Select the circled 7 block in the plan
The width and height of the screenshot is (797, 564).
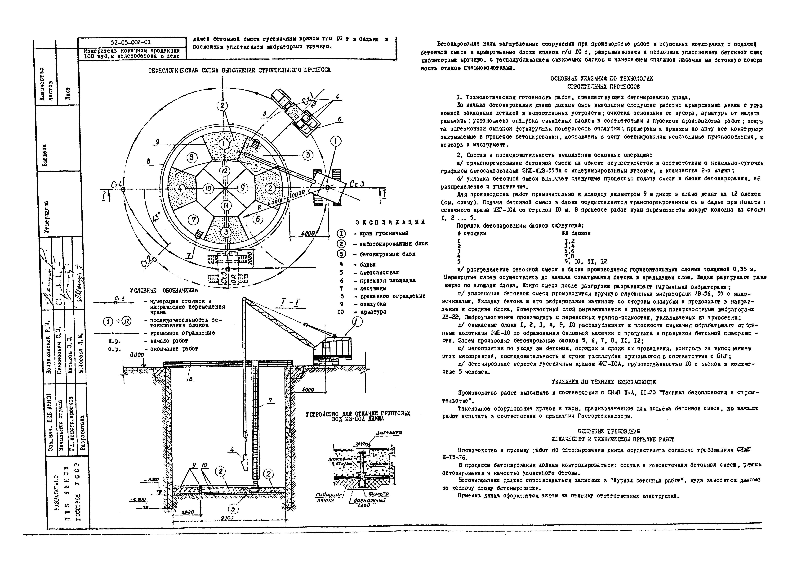194,220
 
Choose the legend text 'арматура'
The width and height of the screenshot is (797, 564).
373,312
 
